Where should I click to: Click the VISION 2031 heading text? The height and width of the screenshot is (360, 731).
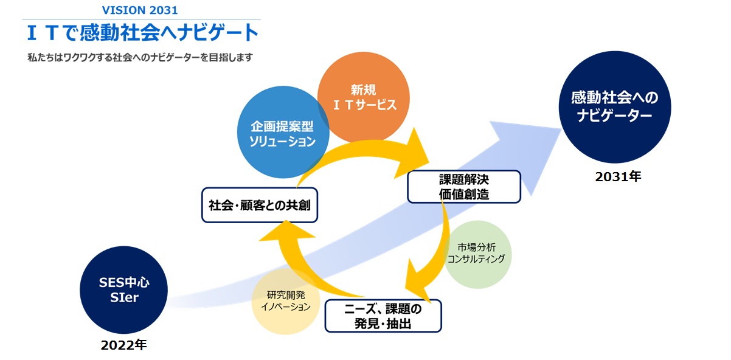click(x=140, y=10)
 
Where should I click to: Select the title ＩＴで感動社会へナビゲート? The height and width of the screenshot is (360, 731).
click(x=140, y=33)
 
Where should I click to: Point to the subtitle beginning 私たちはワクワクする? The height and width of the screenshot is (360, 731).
click(x=140, y=58)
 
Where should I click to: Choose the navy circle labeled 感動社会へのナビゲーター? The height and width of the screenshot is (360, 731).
click(x=615, y=106)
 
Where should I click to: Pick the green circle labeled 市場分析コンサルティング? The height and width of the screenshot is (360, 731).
click(x=477, y=253)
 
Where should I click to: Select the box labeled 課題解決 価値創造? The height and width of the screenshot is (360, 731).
click(x=464, y=187)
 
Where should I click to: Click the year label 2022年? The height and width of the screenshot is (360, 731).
click(x=124, y=345)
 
